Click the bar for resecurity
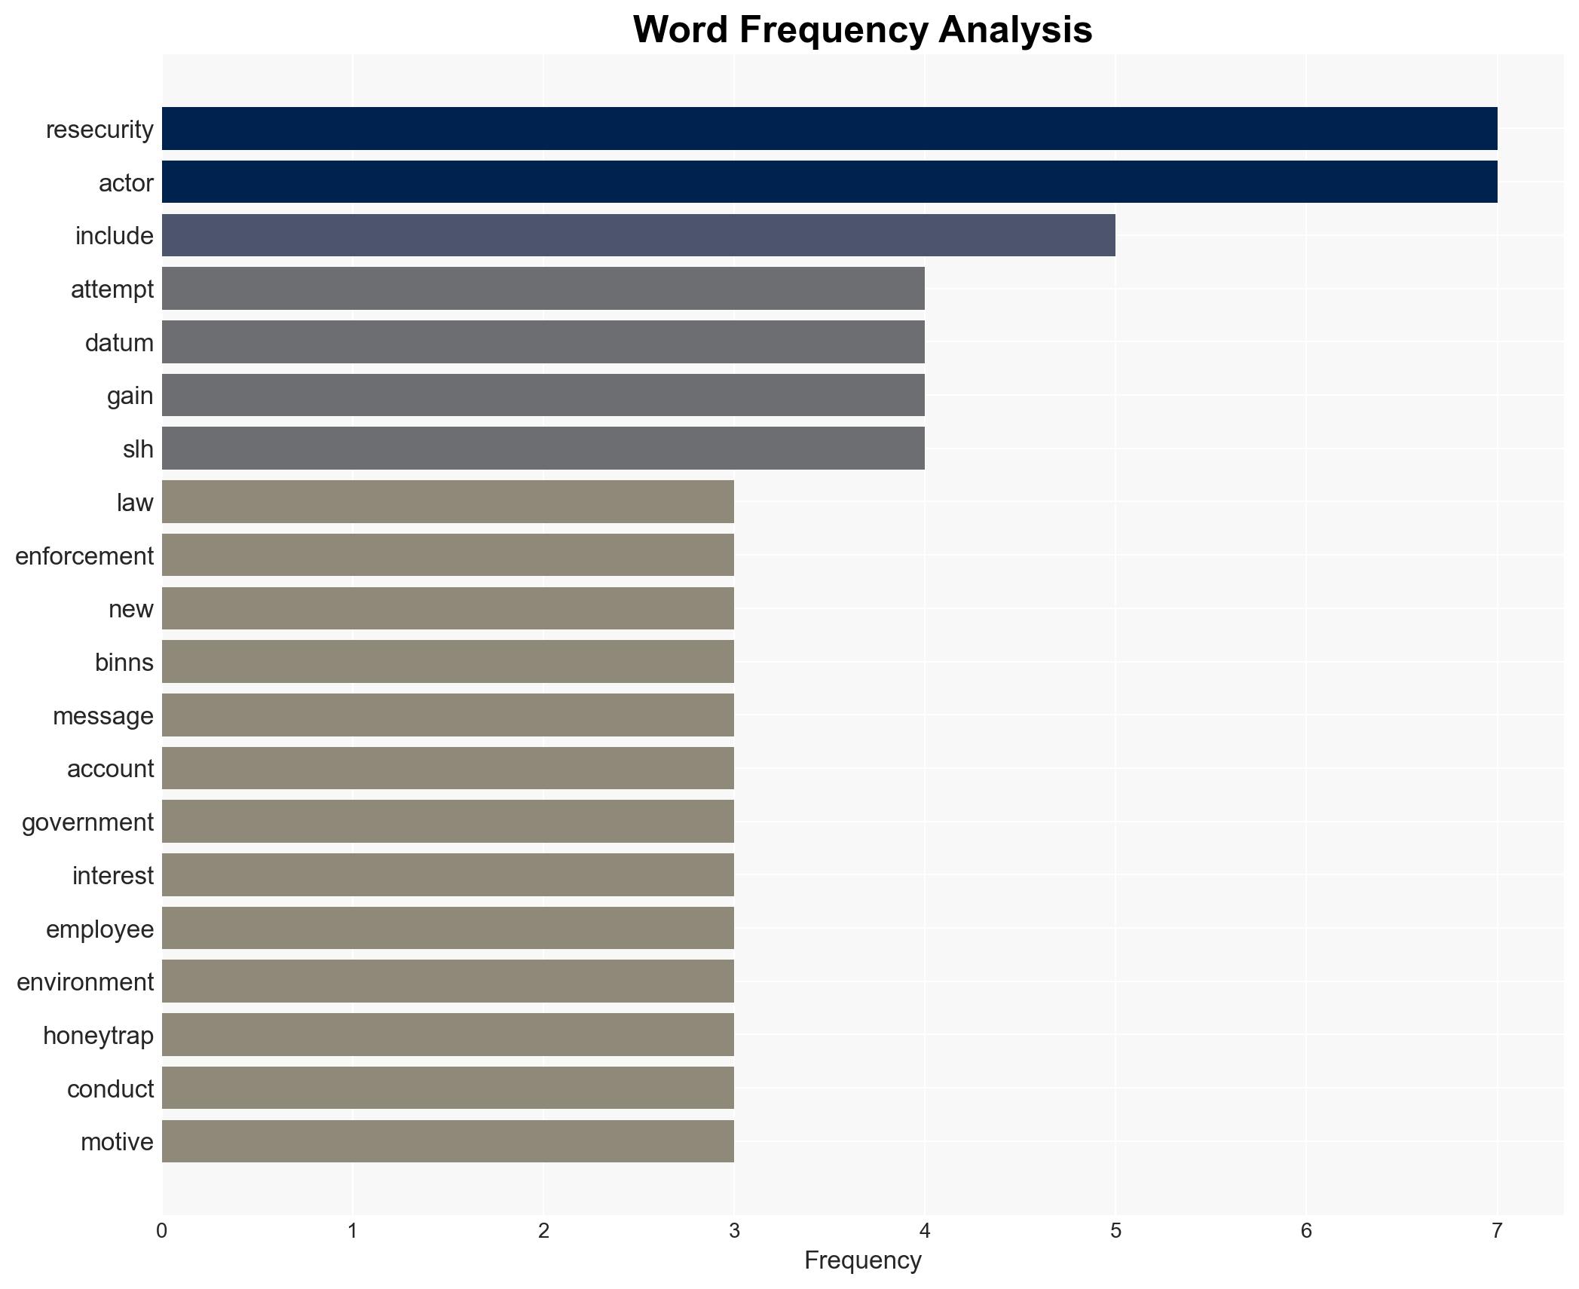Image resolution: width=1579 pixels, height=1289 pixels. click(829, 129)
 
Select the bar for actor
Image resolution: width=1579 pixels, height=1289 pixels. click(829, 182)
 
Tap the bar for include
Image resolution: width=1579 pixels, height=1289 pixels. click(638, 235)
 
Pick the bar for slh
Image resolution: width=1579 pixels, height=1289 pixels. click(543, 449)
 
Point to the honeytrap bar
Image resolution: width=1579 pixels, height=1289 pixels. click(448, 1035)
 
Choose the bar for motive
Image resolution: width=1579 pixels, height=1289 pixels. click(448, 1141)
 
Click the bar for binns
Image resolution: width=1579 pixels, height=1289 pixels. click(448, 662)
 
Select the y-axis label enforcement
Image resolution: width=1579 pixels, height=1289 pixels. click(84, 556)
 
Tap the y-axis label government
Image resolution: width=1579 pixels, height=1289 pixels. click(87, 822)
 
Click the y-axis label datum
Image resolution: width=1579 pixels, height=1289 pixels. click(119, 343)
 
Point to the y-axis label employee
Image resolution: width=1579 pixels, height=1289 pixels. click(99, 929)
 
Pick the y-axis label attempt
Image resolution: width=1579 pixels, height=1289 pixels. click(112, 289)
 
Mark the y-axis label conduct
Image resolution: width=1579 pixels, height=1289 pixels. click(110, 1089)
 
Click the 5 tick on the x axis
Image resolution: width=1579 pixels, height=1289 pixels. click(1115, 1232)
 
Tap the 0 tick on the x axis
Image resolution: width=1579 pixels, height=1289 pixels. click(162, 1232)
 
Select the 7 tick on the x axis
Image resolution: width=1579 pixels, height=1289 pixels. click(1497, 1232)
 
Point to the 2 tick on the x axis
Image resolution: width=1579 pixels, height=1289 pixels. click(543, 1232)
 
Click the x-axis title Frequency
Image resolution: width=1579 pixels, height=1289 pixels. click(862, 1260)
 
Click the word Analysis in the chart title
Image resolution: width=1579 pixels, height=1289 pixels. click(1015, 30)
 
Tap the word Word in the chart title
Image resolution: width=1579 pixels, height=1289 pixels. click(681, 30)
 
